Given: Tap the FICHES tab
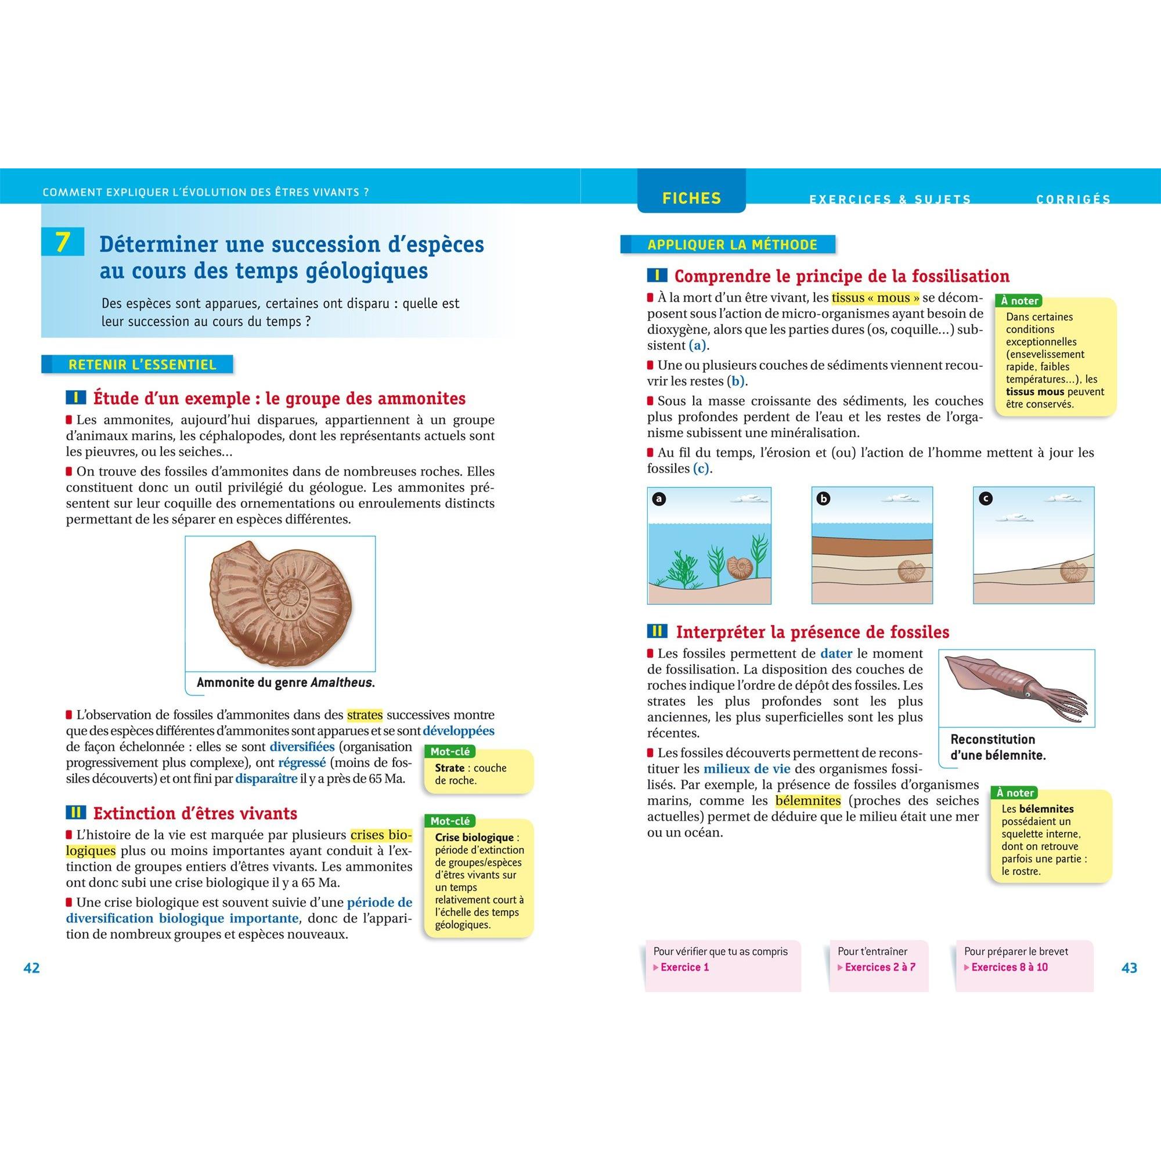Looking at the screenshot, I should click(691, 199).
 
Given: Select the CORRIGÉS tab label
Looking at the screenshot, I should click(1073, 200).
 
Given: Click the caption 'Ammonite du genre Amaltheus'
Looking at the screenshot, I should click(286, 683).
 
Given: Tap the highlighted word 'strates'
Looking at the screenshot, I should click(365, 715).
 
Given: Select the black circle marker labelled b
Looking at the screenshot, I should click(823, 499).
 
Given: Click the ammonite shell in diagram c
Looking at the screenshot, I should click(1070, 570).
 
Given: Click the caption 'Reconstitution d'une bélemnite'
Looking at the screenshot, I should click(998, 747).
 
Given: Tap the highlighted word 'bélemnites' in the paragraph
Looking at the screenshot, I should click(808, 801).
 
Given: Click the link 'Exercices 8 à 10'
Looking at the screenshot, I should click(1009, 967).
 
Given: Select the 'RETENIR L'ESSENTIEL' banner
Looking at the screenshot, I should click(142, 364).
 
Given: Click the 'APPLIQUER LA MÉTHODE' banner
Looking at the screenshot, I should click(732, 244).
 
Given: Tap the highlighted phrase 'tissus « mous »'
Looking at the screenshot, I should click(875, 297).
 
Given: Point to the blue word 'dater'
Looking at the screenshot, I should click(837, 653).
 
